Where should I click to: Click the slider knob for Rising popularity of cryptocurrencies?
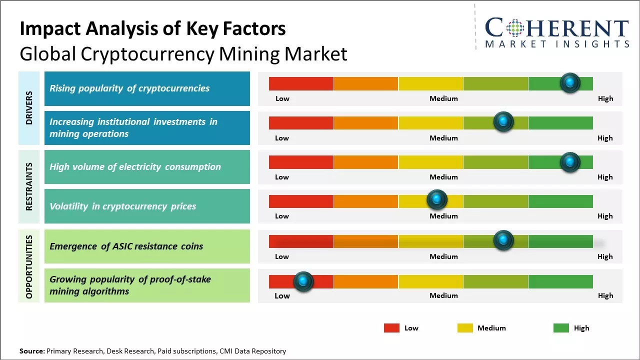click(570, 83)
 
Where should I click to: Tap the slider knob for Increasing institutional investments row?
click(503, 122)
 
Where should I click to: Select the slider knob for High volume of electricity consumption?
click(570, 162)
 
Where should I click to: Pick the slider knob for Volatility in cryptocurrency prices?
click(437, 200)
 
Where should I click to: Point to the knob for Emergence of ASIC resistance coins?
click(503, 240)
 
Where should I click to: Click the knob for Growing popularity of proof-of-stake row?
click(303, 282)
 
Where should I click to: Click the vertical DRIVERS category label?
click(29, 108)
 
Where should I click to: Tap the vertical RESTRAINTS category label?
click(29, 186)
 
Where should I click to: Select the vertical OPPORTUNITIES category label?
click(29, 266)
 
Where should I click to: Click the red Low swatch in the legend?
click(391, 328)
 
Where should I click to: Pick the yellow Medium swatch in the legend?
click(465, 328)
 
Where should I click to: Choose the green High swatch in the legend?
click(561, 328)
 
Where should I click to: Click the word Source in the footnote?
click(31, 351)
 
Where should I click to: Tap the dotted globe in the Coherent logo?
click(514, 28)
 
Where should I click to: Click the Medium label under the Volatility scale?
click(443, 216)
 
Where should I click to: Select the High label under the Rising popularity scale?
click(605, 98)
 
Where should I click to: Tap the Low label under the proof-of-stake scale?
click(282, 295)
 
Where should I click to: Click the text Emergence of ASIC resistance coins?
click(126, 246)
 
